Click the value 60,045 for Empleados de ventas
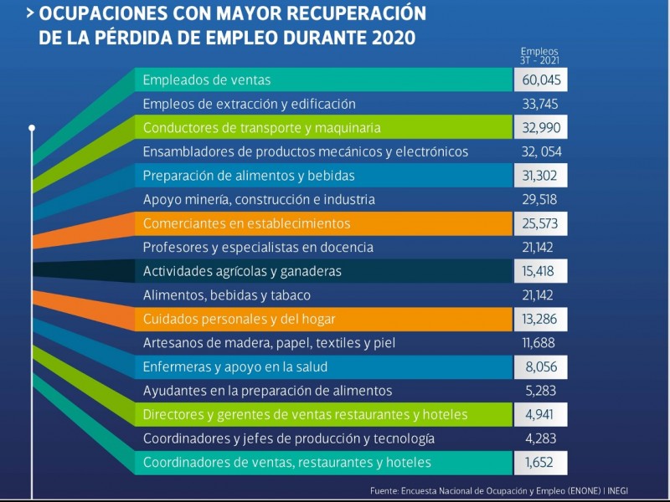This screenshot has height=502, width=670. coord(541,80)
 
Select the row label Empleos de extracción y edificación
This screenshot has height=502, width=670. coord(250,104)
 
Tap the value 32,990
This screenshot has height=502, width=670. coord(541,128)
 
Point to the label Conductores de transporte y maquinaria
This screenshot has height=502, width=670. coord(262,128)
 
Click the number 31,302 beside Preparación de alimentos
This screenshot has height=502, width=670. coord(541,176)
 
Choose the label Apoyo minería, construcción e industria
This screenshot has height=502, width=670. coord(259,200)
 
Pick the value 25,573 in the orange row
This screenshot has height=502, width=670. coord(541,224)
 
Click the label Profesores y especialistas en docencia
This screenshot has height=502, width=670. coord(258,248)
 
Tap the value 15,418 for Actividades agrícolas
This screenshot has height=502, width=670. coord(541,272)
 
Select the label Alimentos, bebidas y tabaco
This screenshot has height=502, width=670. coord(227,295)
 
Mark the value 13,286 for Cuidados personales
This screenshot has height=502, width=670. coord(541,320)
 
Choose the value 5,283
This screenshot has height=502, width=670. coord(540,391)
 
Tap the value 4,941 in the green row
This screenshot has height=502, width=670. coord(541,415)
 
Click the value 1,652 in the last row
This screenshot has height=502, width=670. coord(541,463)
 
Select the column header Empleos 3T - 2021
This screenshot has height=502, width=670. coord(539,55)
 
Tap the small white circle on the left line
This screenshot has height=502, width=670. coord(32,128)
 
